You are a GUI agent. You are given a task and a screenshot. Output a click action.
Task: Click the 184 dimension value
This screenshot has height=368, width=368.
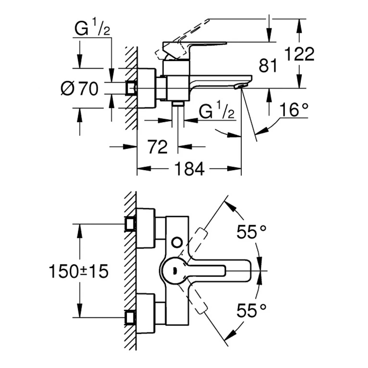pyautogui.click(x=189, y=170)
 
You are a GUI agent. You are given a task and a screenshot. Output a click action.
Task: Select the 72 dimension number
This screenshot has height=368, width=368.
pyautogui.click(x=157, y=147)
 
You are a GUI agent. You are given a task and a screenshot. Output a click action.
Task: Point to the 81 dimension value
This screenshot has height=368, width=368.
pyautogui.click(x=268, y=66)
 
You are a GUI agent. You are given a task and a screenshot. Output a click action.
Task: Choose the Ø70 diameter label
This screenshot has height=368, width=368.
pyautogui.click(x=79, y=89)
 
